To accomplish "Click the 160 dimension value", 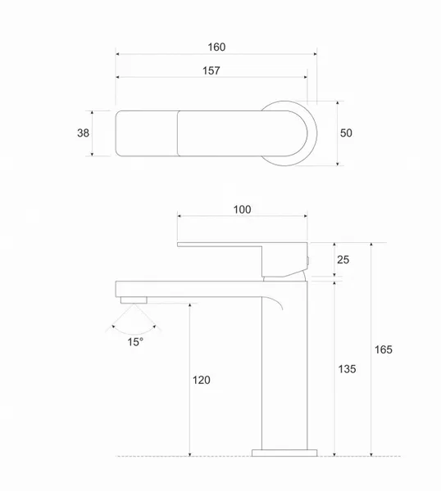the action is [216, 47].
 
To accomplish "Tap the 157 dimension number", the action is [211, 70].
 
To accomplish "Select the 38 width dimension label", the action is [83, 133].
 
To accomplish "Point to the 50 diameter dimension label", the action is [346, 133].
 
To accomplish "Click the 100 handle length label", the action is [242, 209].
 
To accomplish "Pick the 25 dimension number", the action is [343, 259].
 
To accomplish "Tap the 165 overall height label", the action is [384, 349].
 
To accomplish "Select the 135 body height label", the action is [347, 369].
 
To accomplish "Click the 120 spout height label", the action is [202, 381].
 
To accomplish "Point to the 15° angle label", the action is [135, 342].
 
